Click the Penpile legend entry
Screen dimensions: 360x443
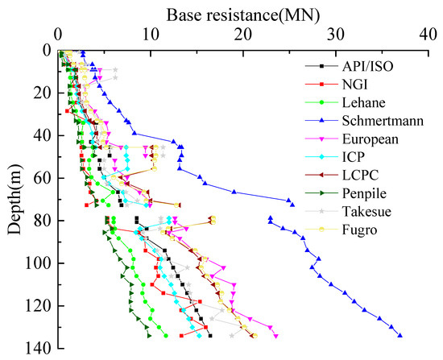(358, 193)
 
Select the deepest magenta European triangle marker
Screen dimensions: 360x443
(276, 337)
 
